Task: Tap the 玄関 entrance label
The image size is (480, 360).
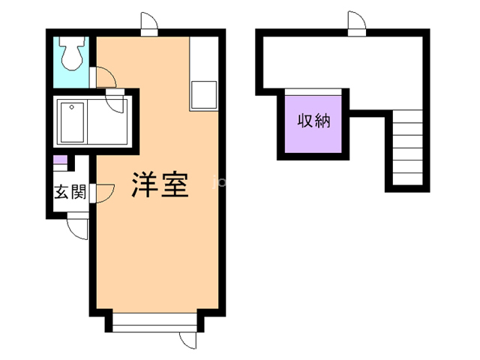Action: [70, 191]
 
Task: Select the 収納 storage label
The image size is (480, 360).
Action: [313, 121]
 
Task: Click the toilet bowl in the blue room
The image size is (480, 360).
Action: [72, 53]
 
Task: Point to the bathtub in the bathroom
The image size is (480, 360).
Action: [73, 122]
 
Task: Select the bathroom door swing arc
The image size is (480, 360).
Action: [116, 100]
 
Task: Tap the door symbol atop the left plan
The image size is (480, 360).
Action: [148, 24]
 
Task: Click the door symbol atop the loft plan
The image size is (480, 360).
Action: [355, 24]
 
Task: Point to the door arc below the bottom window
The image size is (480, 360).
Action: [187, 339]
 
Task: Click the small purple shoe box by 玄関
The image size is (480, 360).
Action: [59, 160]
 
